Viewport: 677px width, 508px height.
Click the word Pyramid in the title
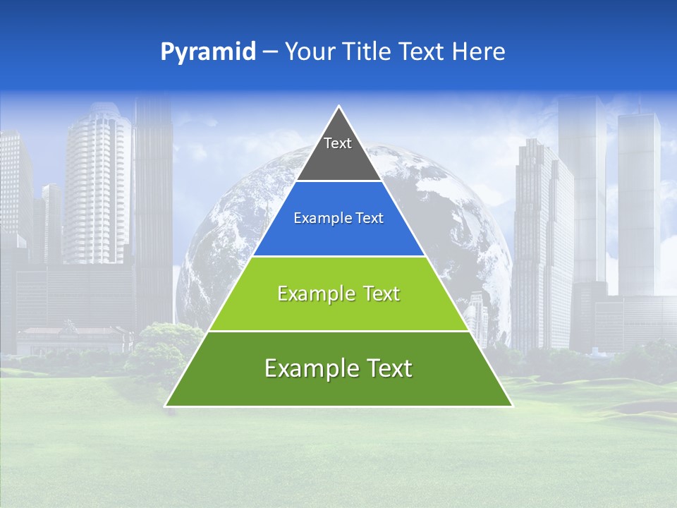coord(207,52)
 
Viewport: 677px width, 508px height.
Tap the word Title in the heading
coord(367,52)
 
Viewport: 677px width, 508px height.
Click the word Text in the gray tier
coord(338,143)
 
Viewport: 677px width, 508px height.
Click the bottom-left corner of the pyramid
coord(166,406)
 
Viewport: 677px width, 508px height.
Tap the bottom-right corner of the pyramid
coord(512,406)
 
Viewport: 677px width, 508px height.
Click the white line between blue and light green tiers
coord(338,256)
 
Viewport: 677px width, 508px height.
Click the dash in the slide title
coord(270,52)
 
